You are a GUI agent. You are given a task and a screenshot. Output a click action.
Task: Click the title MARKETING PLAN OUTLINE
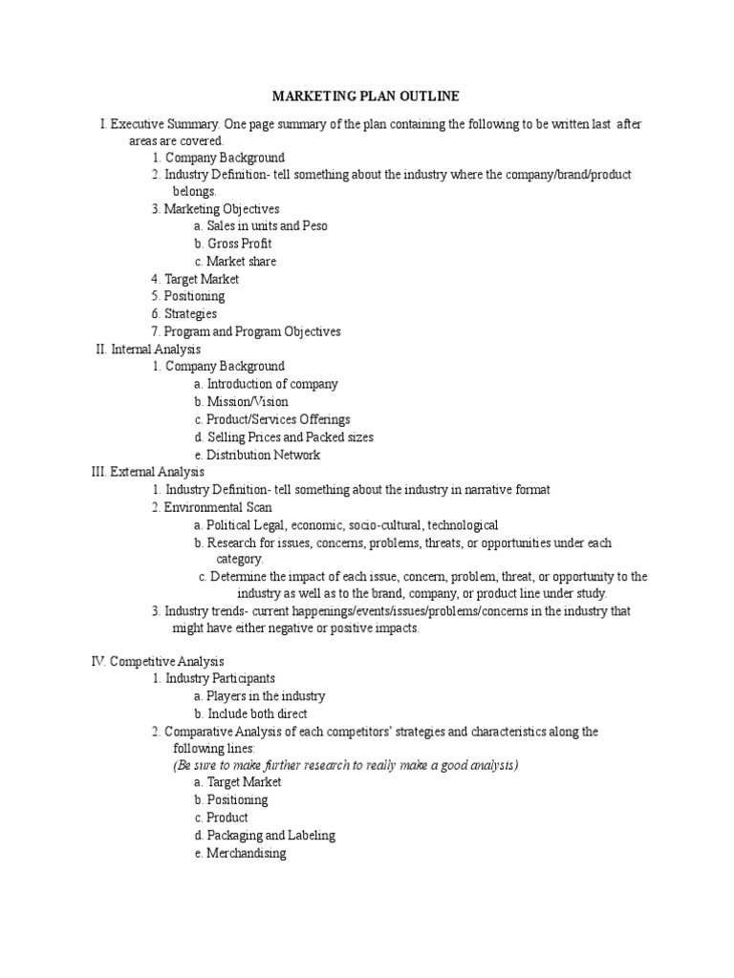point(366,96)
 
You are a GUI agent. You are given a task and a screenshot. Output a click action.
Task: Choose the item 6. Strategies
point(190,313)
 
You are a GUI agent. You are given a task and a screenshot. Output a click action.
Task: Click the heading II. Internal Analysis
point(148,350)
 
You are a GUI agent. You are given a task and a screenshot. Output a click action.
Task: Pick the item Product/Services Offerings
point(278,419)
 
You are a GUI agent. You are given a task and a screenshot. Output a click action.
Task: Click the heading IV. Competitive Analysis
point(157,661)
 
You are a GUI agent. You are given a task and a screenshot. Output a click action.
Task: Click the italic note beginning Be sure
point(345,766)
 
